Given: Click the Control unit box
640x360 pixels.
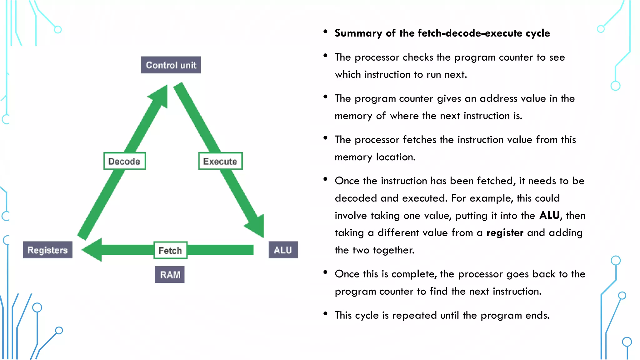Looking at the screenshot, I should (171, 65).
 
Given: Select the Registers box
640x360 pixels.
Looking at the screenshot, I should (47, 250).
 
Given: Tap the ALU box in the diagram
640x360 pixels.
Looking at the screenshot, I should (283, 250).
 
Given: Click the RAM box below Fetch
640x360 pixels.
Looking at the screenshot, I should (170, 275).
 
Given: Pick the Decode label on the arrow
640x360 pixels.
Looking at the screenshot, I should (124, 161).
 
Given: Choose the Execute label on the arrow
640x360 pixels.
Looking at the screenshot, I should (220, 161).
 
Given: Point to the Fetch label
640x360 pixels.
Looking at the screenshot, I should (170, 250).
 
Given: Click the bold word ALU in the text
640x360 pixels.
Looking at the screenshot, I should (550, 215).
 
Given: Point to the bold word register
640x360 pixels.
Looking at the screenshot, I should (505, 233).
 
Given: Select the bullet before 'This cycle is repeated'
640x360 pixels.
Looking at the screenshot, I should (325, 313).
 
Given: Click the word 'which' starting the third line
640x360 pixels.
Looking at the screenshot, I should (347, 75).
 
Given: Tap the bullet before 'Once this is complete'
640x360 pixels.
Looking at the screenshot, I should (325, 272).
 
